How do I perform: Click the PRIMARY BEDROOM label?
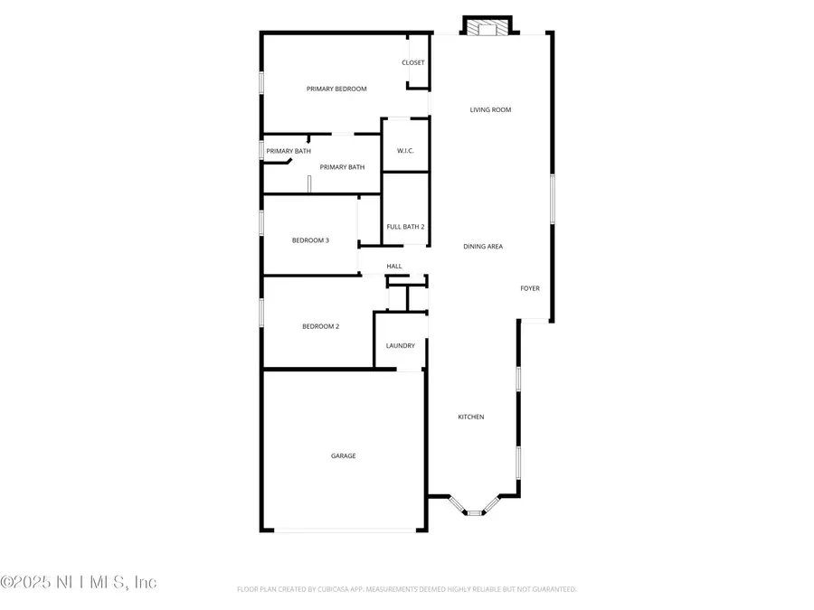[336, 89]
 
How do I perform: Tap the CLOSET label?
[413, 62]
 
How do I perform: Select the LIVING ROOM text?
[490, 110]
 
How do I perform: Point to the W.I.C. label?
[404, 150]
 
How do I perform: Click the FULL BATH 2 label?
[405, 227]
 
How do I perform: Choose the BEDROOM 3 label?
[310, 240]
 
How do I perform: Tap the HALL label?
[394, 267]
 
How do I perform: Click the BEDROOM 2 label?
[320, 326]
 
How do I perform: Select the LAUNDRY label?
[400, 346]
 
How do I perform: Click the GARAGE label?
[343, 456]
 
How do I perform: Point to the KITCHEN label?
[470, 417]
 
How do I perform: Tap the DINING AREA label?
[483, 247]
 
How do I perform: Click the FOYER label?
[530, 289]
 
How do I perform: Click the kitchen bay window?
[474, 512]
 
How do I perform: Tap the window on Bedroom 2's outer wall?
[262, 313]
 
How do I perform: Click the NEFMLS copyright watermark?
[79, 582]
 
